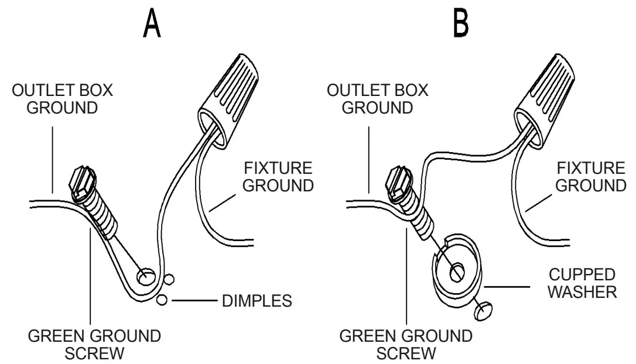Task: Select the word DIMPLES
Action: (257, 301)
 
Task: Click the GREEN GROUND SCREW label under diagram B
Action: (405, 345)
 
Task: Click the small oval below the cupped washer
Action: (482, 312)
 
